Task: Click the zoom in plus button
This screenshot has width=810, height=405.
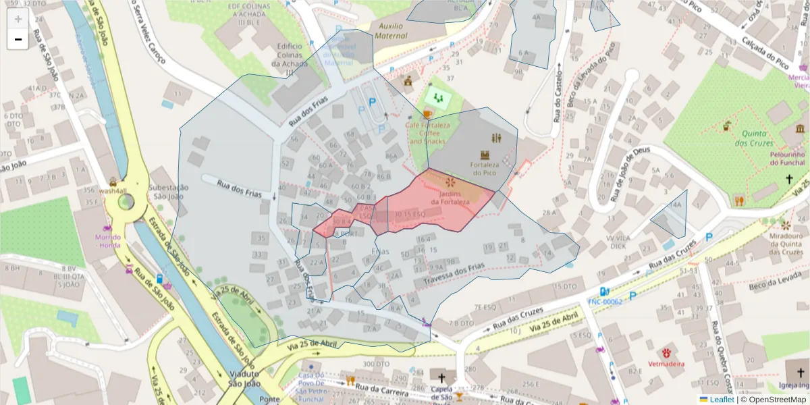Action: (x=18, y=19)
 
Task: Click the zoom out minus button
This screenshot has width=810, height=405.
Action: (x=18, y=39)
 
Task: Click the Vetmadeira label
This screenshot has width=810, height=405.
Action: (x=668, y=364)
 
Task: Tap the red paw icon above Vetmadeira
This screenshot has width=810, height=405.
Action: (x=667, y=352)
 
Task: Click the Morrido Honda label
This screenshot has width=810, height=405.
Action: (x=108, y=242)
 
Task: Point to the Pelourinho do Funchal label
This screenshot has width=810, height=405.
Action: (x=786, y=159)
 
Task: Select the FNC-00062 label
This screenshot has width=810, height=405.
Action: (x=605, y=302)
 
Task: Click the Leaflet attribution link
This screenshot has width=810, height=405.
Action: (x=722, y=400)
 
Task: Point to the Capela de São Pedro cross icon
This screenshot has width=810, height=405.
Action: (x=442, y=377)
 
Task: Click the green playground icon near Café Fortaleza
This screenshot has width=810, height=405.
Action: (x=439, y=99)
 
